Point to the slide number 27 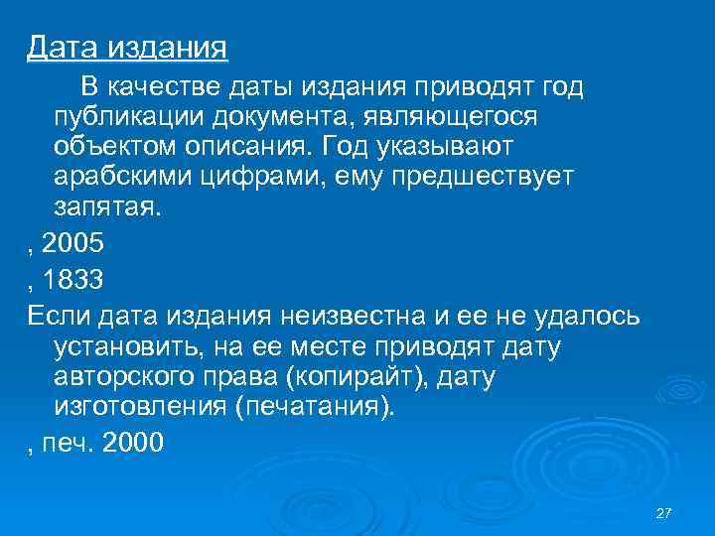tap(664, 512)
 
